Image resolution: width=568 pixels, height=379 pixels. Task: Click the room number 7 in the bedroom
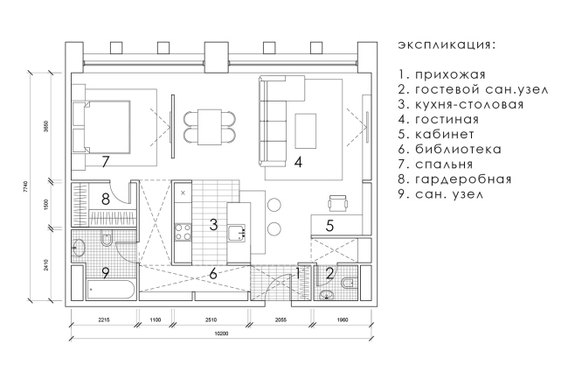pos(106,162)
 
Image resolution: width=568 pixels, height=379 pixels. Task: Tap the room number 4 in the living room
pos(298,162)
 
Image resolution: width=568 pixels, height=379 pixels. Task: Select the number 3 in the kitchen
pos(213,224)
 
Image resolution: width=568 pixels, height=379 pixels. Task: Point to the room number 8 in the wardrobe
pos(106,199)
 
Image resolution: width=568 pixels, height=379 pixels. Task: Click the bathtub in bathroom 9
pos(110,290)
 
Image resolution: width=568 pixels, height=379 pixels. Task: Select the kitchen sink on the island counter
pos(237,233)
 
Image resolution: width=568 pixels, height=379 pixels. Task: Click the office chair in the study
pos(338,203)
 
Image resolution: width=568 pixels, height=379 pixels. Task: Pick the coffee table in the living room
pos(305,130)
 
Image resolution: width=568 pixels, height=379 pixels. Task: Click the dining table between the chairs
pos(210,127)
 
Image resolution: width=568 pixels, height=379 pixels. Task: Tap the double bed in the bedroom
pos(107,127)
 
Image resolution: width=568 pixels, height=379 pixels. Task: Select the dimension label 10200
pos(222,334)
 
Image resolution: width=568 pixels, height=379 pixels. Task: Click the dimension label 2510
pos(211,319)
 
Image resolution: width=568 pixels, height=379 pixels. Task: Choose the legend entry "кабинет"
pos(445,134)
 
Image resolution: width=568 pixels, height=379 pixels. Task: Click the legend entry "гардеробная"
pos(463,179)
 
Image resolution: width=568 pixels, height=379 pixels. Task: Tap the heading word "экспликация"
pos(447,46)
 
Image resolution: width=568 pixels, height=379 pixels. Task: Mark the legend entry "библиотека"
pos(458,149)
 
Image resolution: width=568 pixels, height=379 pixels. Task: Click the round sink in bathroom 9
pos(78,249)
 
